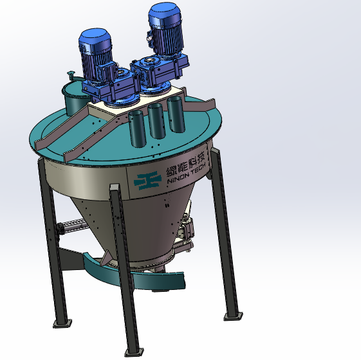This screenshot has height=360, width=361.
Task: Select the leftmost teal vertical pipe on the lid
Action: coord(136,127)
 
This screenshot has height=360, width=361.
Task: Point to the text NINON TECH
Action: coord(184,178)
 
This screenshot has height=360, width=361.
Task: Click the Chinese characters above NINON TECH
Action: coord(183,166)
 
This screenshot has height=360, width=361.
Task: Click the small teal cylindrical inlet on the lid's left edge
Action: coord(72,99)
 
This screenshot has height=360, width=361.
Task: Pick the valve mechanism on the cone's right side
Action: coord(186,231)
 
